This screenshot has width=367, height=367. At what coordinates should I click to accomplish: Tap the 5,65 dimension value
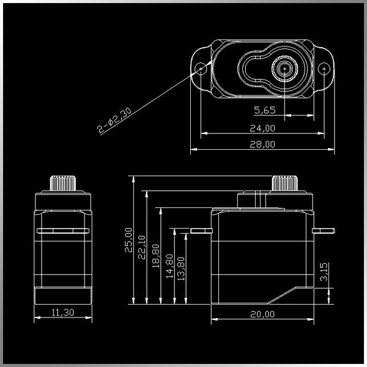(265, 110)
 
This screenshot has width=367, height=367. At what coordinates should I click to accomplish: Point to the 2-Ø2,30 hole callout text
(115, 119)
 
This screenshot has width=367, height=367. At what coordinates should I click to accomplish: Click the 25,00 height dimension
(128, 240)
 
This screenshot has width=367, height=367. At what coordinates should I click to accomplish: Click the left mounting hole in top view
(201, 69)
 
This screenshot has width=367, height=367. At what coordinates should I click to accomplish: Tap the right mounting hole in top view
(324, 69)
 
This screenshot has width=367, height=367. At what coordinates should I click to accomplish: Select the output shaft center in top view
(285, 69)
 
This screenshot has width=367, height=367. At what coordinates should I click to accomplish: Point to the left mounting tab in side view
(199, 231)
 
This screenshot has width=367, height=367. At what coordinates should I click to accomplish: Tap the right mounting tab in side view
(324, 231)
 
